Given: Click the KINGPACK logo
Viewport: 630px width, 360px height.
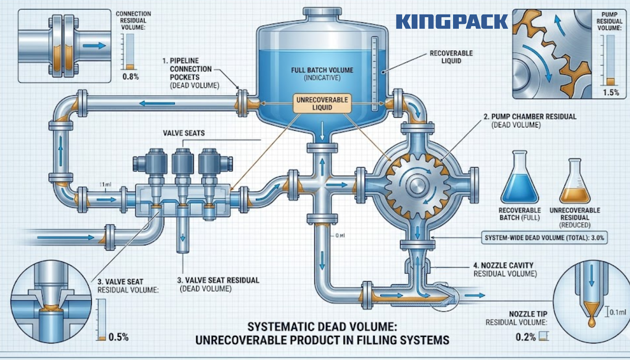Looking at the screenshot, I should [452, 21].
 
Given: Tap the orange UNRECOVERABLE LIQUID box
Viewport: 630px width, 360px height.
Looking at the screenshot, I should [322, 104].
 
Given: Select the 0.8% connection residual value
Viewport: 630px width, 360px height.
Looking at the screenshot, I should [131, 76].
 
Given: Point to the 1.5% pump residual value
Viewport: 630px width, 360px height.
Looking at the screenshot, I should [611, 93].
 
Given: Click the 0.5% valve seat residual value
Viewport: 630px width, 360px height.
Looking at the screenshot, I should [119, 337].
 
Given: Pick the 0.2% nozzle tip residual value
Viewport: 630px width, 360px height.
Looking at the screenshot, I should [526, 337].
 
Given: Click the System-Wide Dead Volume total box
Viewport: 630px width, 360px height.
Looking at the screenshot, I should [544, 238].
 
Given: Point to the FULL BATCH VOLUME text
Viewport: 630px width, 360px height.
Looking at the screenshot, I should [322, 71].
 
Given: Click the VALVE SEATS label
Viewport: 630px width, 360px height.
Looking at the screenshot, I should [184, 133].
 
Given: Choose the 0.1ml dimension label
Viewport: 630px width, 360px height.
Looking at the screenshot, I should [618, 312].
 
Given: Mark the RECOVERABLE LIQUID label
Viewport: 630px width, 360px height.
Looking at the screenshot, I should [451, 57].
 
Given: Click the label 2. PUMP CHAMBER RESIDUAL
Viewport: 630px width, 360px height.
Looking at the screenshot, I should [530, 117].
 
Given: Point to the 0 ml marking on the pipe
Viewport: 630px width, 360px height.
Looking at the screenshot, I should [340, 236].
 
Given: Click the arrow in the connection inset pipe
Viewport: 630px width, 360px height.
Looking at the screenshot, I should [94, 46].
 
